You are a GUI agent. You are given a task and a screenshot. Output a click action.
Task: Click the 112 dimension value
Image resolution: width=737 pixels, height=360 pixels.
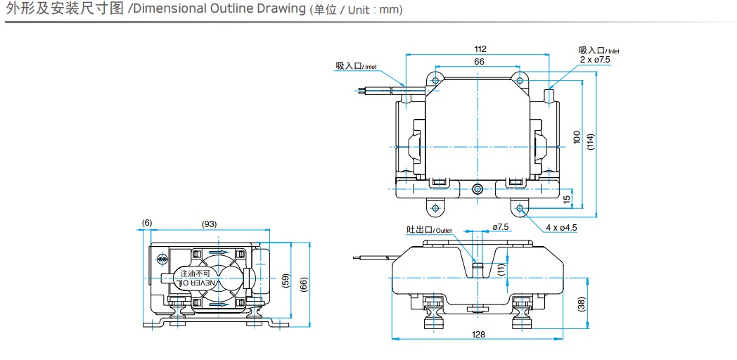(480, 49)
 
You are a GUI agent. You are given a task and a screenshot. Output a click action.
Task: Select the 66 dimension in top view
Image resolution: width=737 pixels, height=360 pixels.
(479, 62)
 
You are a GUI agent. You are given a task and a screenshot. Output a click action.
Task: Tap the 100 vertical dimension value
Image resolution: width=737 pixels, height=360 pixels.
(577, 137)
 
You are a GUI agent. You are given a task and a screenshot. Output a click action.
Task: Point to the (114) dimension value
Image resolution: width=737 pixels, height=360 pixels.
(591, 141)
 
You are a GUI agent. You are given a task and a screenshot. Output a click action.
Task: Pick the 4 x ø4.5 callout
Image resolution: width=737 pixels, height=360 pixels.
(561, 227)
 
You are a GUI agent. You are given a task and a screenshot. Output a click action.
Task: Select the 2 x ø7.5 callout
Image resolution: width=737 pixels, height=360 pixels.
(595, 60)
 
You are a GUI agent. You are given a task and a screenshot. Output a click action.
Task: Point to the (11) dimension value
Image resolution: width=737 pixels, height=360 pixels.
(501, 269)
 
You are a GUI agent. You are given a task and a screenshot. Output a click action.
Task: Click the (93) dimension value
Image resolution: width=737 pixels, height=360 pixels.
(209, 224)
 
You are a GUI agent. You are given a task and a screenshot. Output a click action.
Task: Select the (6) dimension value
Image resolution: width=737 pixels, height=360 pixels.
(146, 224)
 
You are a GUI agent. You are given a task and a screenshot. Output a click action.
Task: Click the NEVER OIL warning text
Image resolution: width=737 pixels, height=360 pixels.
(196, 283)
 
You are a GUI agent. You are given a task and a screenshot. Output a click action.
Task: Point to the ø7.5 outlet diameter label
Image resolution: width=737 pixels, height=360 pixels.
(500, 227)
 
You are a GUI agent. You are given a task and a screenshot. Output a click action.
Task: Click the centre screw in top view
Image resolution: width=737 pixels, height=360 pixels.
(478, 188)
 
